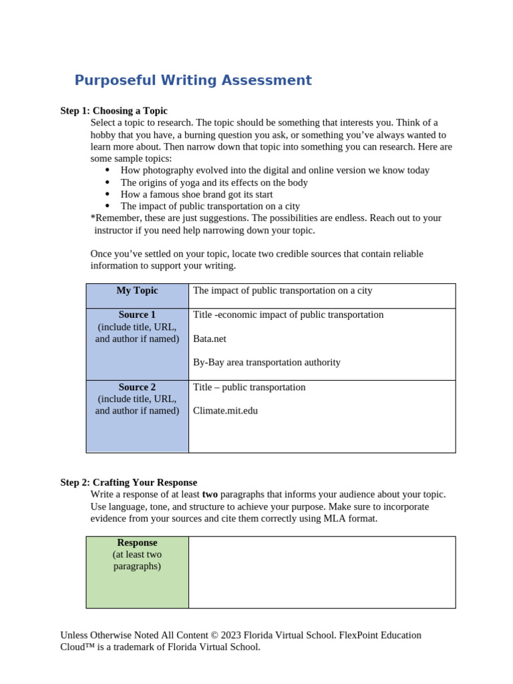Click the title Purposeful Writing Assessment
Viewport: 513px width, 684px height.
(193, 81)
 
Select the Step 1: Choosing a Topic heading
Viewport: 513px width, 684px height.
(114, 111)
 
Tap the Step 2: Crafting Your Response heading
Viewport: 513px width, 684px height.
(128, 482)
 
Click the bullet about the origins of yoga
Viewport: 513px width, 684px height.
(214, 182)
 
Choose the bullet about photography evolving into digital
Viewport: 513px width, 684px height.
(275, 170)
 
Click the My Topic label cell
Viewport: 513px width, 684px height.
(137, 291)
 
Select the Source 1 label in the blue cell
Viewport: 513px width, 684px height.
(137, 315)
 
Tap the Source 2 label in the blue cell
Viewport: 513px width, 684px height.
(137, 387)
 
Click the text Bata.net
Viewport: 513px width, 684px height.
(209, 339)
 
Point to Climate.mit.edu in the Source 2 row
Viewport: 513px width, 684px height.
(225, 411)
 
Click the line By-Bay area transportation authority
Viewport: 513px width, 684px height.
(267, 363)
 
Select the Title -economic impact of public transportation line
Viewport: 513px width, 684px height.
(288, 315)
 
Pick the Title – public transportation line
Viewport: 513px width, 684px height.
(249, 387)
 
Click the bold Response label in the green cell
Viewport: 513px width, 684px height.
(137, 542)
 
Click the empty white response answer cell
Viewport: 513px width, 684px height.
(322, 572)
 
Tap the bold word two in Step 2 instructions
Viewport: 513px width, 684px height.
(210, 494)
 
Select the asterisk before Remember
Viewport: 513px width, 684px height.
(92, 218)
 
